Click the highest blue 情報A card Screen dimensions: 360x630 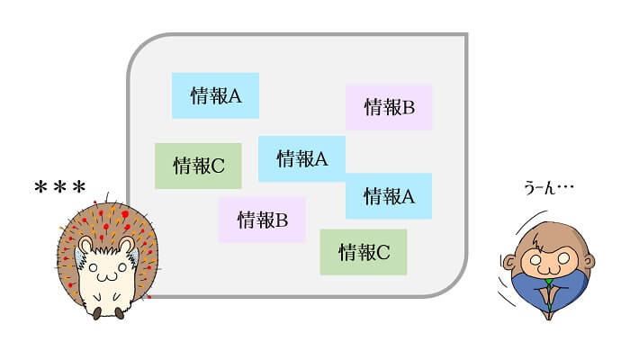[x=215, y=95]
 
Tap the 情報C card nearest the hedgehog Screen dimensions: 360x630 [x=198, y=166]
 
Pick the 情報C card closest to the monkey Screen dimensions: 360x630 [x=364, y=252]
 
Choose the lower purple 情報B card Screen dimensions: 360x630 [x=262, y=220]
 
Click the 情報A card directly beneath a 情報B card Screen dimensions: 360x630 [x=389, y=195]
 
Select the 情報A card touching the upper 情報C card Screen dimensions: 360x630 [x=301, y=158]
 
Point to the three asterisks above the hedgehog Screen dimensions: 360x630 [x=60, y=188]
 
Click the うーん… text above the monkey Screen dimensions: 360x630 [x=548, y=189]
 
